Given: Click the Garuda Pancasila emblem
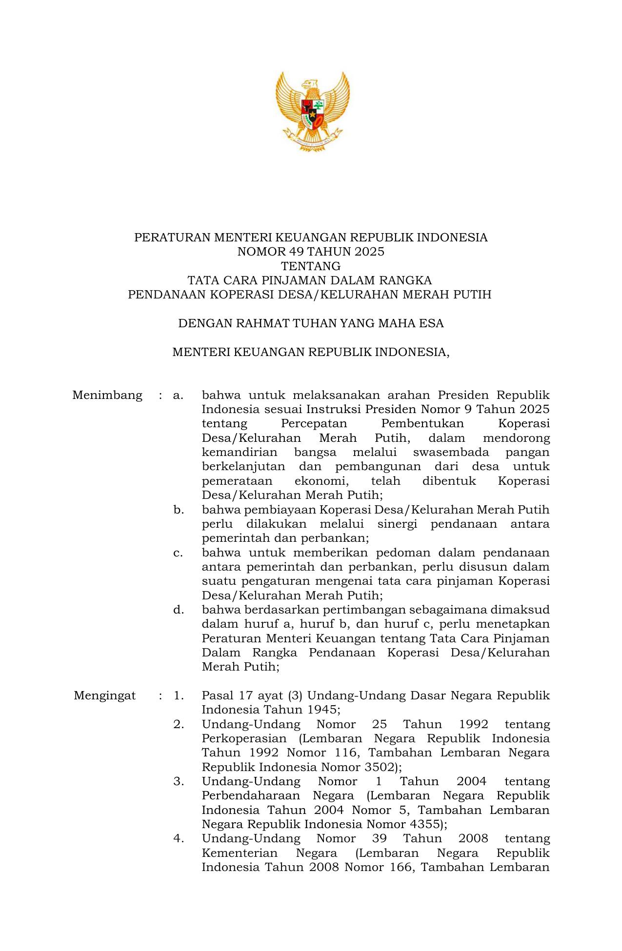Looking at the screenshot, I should [312, 111].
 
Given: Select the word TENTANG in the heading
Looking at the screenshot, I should [311, 266].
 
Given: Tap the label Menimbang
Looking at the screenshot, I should [107, 395].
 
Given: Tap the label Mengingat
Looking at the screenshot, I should [104, 695].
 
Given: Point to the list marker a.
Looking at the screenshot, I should [178, 395].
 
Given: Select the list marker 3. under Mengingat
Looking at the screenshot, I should [179, 781].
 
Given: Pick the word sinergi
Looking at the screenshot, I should [397, 524].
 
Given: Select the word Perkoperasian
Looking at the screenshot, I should [244, 738].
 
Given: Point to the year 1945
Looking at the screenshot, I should [322, 710].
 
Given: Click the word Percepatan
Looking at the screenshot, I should [314, 423].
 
